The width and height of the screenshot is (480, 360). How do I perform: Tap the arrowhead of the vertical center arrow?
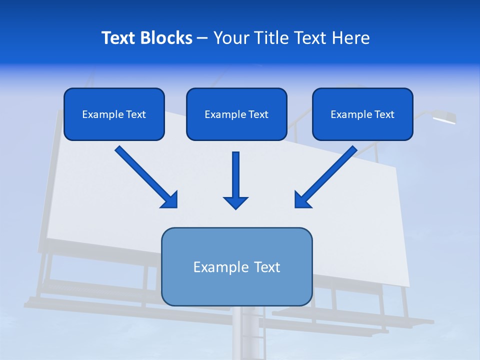pyautogui.click(x=235, y=202)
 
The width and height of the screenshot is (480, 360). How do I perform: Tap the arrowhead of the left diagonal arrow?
pyautogui.click(x=170, y=200)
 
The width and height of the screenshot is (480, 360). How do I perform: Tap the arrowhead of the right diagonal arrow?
pyautogui.click(x=301, y=200)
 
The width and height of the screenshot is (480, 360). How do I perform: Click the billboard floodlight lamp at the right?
pyautogui.click(x=444, y=118)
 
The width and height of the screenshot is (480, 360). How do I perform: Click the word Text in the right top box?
pyautogui.click(x=384, y=114)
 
